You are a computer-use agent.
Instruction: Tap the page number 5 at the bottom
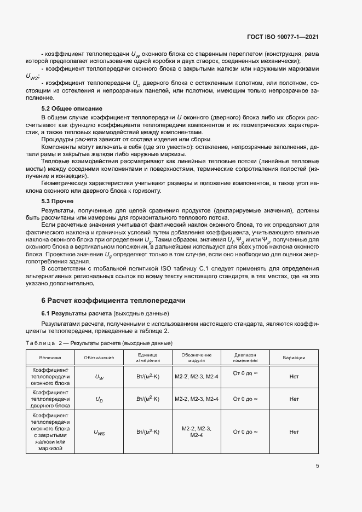(x=318, y=467)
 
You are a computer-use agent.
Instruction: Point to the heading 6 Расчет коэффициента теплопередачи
(x=114, y=301)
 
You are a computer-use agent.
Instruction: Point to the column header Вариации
(x=294, y=357)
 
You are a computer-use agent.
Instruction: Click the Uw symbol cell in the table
(x=99, y=377)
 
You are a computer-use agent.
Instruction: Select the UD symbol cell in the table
(x=99, y=400)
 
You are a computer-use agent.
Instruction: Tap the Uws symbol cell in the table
(x=99, y=432)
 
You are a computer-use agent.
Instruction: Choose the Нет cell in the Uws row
(x=294, y=432)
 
